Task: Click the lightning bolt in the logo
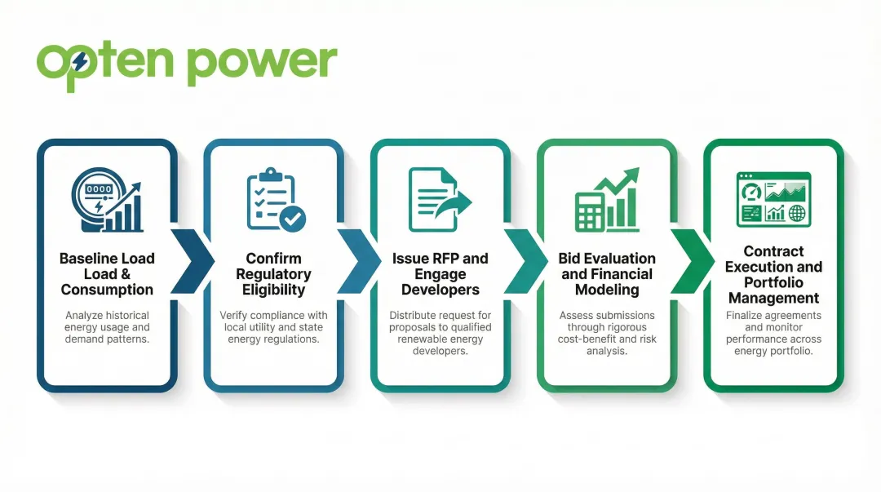80,61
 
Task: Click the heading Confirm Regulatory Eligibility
273,273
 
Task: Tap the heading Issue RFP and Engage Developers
440,273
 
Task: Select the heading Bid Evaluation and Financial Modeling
606,273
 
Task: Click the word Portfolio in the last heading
773,282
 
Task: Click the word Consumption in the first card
107,290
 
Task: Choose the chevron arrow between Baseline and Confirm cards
190,260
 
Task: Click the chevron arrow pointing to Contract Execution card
691,260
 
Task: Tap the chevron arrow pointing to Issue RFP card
356,260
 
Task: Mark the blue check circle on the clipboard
292,218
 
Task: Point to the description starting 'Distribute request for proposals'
440,333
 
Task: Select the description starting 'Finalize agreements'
773,333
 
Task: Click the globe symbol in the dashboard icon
796,214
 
